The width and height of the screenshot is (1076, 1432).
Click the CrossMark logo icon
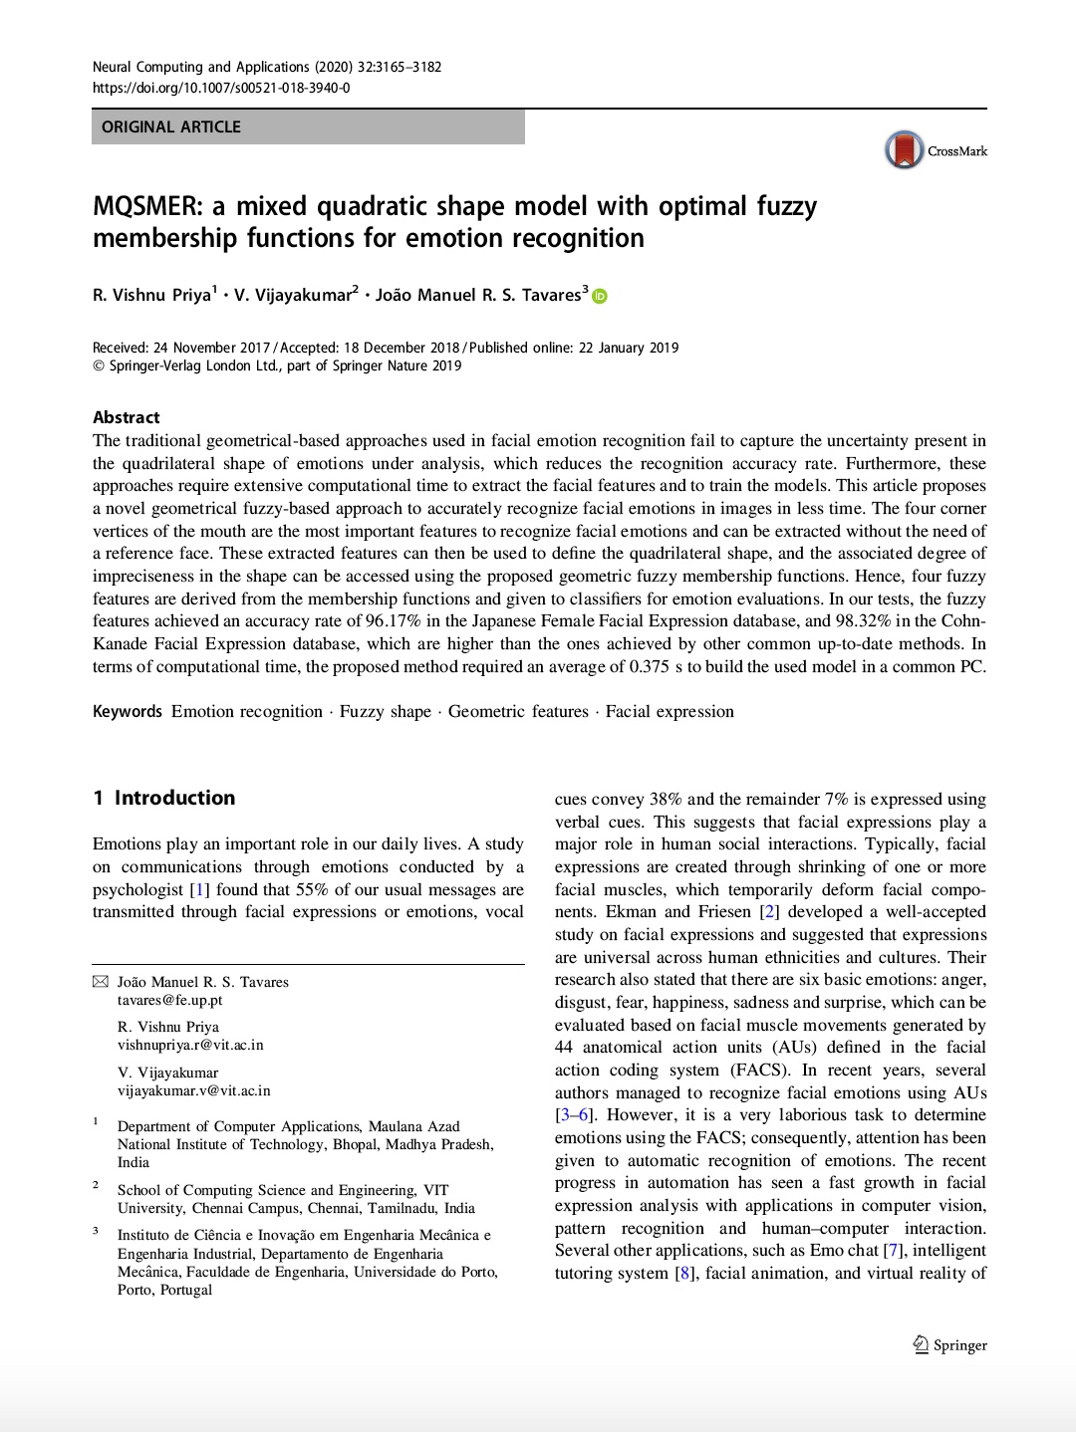[905, 150]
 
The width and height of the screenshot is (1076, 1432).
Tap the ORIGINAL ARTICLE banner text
[171, 127]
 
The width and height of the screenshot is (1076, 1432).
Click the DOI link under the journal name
[221, 88]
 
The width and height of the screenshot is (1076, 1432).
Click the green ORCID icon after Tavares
[600, 296]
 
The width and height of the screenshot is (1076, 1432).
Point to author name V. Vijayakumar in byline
[295, 295]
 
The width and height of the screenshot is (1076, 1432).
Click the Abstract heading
[127, 417]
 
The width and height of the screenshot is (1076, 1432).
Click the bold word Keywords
[128, 711]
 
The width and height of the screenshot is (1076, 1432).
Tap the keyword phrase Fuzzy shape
[386, 711]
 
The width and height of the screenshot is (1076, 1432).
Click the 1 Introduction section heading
[164, 798]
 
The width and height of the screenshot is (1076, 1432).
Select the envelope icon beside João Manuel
[100, 982]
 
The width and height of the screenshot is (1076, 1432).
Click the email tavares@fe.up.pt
[170, 1000]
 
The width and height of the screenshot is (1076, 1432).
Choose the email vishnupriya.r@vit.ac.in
[190, 1045]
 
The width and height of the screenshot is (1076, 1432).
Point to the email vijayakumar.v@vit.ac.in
[194, 1090]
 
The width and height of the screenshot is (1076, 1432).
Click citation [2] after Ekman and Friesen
[769, 912]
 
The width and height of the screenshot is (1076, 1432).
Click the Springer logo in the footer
[950, 1345]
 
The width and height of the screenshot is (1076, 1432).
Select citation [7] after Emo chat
[894, 1251]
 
